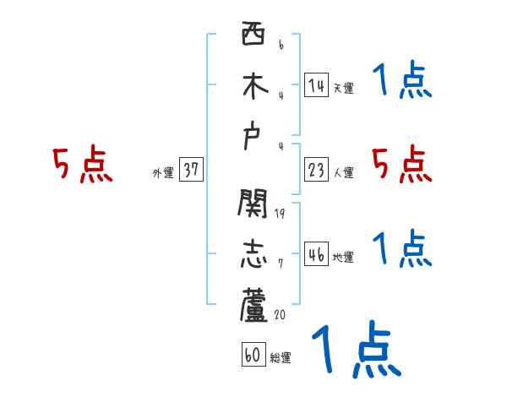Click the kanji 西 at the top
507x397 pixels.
[253, 36]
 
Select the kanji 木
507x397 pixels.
[253, 86]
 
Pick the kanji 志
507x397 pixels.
[253, 255]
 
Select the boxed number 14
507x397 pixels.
[316, 84]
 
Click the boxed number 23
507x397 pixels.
[316, 170]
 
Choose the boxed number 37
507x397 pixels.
[191, 170]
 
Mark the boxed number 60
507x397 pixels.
[252, 355]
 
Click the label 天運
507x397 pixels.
[343, 88]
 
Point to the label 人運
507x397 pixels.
[343, 173]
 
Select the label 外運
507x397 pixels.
[162, 173]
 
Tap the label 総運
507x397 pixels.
[281, 358]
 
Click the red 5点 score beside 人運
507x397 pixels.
[402, 164]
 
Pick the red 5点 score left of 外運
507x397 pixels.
[83, 164]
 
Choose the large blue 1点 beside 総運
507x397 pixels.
[355, 348]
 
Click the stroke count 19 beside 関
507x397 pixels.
[280, 214]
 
